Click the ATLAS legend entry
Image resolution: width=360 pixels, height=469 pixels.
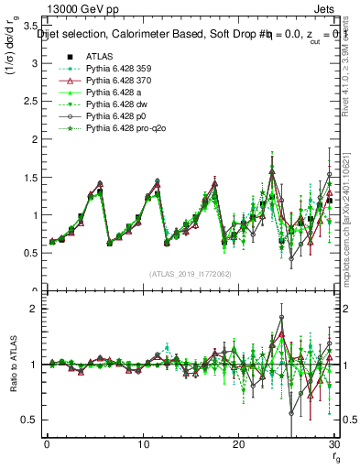[98, 58]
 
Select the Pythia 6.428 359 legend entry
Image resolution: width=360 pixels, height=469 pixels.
[115, 69]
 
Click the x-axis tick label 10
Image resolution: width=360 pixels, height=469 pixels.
[142, 444]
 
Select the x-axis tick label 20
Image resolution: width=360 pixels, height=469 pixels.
[238, 444]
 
